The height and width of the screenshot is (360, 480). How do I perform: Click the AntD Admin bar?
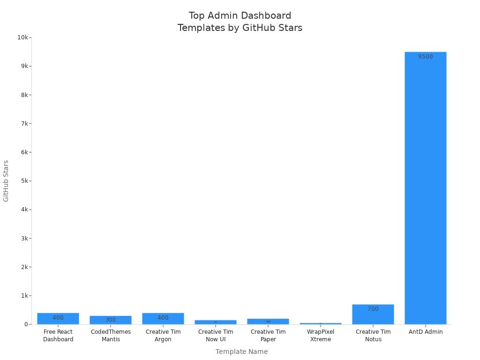(x=425, y=187)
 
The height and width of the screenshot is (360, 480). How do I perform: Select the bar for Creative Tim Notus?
(x=373, y=315)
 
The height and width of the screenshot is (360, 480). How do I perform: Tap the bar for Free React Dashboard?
(x=58, y=319)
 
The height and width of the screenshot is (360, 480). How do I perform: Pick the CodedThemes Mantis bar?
(x=111, y=320)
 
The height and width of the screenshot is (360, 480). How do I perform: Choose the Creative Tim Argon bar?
(x=163, y=319)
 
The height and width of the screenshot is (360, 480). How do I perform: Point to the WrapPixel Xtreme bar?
(x=321, y=323)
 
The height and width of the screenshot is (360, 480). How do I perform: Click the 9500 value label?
(x=426, y=57)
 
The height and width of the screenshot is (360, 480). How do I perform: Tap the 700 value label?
(x=373, y=309)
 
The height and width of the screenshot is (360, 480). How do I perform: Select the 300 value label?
(x=111, y=320)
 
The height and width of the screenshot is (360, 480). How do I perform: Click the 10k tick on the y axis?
(x=23, y=37)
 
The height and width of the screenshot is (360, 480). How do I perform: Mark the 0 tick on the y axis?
(x=26, y=324)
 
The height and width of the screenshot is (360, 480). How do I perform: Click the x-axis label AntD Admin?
(x=426, y=332)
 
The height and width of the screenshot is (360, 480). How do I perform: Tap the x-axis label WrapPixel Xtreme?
(x=321, y=336)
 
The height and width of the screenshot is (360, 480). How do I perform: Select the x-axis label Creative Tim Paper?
(x=268, y=336)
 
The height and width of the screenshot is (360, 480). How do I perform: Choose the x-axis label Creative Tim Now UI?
(x=216, y=336)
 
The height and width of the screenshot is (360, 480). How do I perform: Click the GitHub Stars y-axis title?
(x=6, y=181)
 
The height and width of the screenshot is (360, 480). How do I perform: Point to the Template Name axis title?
(x=241, y=352)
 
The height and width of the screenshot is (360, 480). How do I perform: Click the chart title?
(x=240, y=22)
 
